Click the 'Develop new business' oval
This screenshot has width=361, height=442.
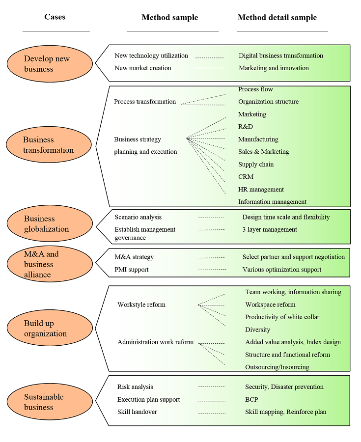50,64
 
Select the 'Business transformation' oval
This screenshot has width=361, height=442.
49,145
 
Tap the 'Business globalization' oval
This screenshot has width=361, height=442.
50,224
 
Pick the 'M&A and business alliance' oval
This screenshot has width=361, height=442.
50,264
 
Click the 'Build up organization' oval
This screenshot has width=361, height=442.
50,329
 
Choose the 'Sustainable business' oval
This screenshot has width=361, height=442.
50,402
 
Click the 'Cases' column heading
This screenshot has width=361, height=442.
55,17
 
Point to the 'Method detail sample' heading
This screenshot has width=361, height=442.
277,18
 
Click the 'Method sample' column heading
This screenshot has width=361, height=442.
169,18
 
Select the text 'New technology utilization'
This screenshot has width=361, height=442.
151,55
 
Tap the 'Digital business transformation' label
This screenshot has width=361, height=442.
281,55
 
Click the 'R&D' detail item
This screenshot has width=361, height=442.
246,127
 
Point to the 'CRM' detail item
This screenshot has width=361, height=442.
246,177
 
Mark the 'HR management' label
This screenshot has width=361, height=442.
261,190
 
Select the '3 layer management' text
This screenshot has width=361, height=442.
270,229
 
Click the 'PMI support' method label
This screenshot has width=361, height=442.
132,269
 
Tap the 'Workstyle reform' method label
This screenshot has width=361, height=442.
141,304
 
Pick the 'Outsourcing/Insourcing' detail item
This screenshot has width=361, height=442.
277,367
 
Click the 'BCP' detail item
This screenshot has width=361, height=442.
251,399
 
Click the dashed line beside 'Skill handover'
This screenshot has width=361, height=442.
211,412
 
